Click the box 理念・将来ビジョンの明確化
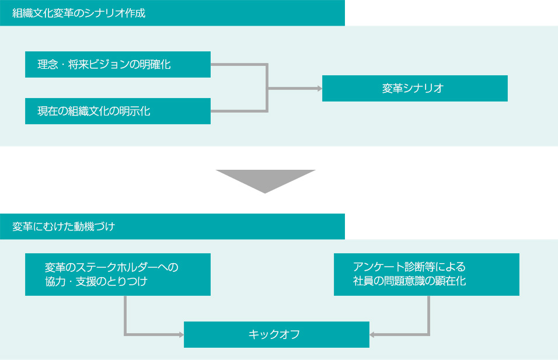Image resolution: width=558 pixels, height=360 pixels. [117, 64]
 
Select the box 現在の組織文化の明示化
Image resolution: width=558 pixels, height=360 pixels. [117, 111]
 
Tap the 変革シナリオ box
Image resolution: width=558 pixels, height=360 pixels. [414, 88]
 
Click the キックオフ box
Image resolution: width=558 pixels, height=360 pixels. [276, 334]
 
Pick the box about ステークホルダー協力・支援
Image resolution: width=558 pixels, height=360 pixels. [117, 274]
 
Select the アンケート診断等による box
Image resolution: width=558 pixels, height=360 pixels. [426, 274]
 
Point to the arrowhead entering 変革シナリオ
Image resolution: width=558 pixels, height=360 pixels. [319, 88]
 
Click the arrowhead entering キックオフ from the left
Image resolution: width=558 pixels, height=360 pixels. [180, 334]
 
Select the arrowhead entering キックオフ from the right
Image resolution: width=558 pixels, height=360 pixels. [373, 334]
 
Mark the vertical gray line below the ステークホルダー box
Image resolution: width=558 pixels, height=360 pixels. [125, 315]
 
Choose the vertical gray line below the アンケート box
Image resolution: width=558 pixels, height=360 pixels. [429, 315]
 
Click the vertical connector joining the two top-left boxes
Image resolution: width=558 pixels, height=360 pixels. [267, 88]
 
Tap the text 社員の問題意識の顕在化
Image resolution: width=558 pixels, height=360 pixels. [409, 281]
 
